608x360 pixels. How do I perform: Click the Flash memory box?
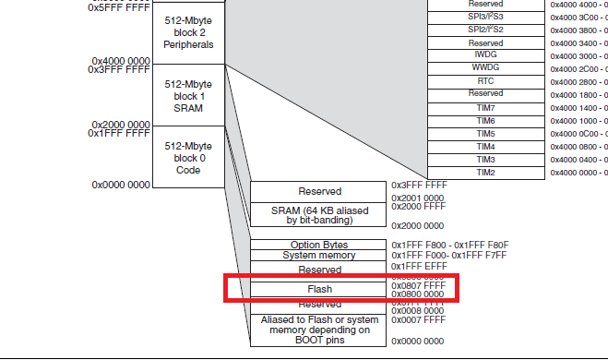tap(318, 289)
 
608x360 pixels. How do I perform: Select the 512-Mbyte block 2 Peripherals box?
tap(188, 31)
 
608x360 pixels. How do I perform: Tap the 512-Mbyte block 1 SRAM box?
tap(188, 96)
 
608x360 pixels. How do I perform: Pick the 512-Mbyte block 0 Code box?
tap(188, 158)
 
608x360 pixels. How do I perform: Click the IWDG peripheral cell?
tap(485, 55)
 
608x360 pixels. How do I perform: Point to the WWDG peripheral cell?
tap(485, 68)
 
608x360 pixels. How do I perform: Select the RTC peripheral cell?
tap(485, 81)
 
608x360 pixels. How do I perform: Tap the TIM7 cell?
tap(485, 108)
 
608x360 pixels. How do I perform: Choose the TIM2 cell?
tap(485, 173)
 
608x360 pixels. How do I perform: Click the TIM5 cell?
tap(485, 134)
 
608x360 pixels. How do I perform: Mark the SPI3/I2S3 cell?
tap(485, 17)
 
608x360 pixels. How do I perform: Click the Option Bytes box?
tap(318, 245)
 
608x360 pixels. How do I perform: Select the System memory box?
tap(318, 256)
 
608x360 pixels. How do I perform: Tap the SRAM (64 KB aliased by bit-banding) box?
tap(318, 215)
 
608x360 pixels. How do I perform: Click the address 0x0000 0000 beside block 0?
tap(120, 186)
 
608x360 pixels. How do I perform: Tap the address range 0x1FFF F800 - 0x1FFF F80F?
tap(449, 245)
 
